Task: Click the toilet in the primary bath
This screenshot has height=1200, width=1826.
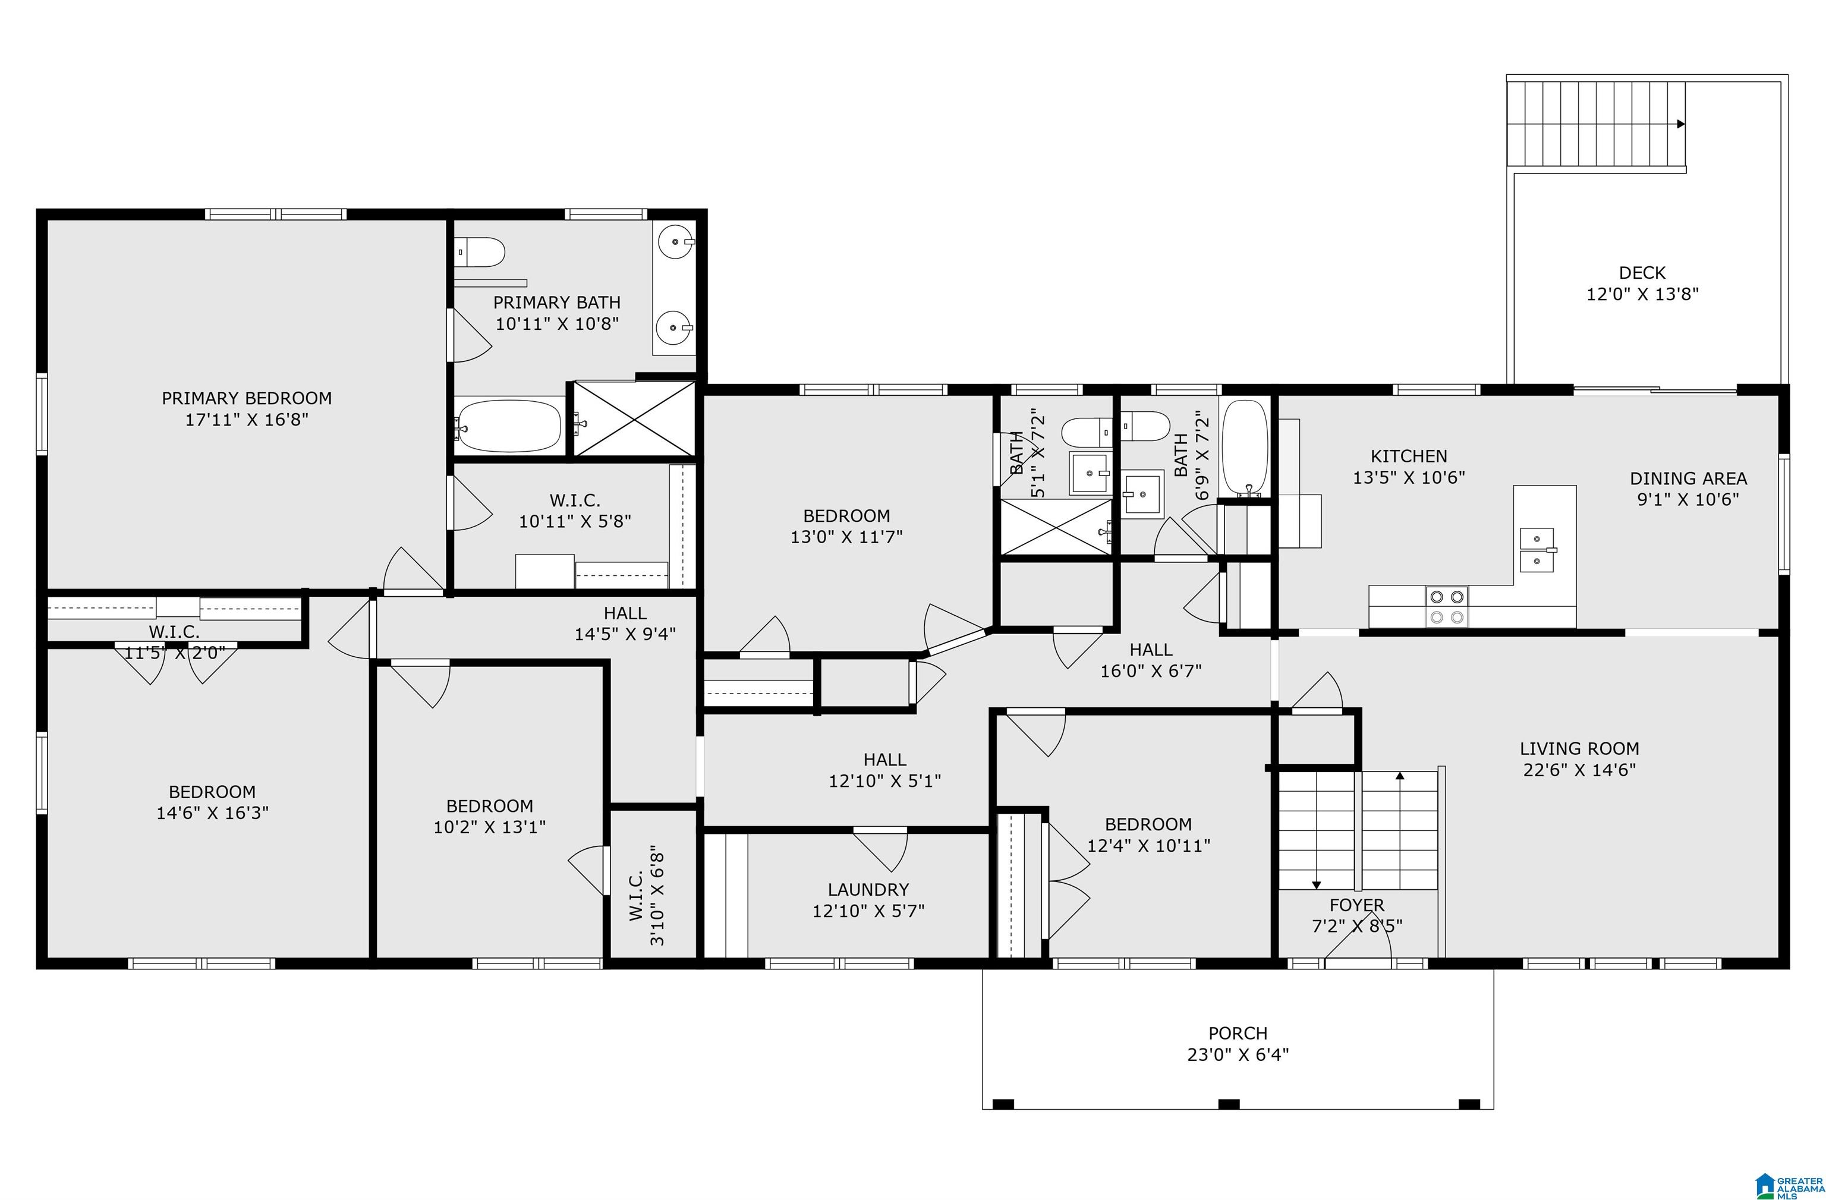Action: tap(480, 251)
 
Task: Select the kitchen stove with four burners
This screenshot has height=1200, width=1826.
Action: tap(1447, 607)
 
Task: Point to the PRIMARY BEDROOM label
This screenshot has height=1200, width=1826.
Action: tap(247, 398)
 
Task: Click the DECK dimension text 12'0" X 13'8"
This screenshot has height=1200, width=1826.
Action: tap(1643, 294)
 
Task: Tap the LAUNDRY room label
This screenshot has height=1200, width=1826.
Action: tap(868, 889)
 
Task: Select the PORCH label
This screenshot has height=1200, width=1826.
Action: tap(1238, 1034)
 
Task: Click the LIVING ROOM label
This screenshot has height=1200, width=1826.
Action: tap(1580, 748)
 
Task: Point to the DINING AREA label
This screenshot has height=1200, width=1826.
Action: tap(1689, 478)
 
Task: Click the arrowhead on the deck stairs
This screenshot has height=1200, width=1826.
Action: tap(1681, 124)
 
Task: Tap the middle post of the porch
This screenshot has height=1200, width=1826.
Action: tap(1229, 1104)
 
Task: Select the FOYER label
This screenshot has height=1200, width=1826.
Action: tap(1356, 905)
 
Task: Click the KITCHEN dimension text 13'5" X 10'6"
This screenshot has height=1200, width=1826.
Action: tap(1409, 477)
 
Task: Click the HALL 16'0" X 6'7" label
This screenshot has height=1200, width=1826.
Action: tap(1151, 660)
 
